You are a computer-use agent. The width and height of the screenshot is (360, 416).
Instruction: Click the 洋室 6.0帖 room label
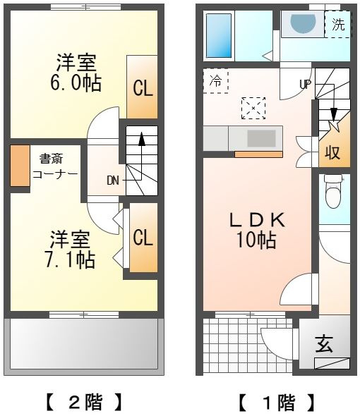[x=76, y=73]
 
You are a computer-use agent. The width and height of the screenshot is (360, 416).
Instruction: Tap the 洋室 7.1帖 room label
[x=70, y=250]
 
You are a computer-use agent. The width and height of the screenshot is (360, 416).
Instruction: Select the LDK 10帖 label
[x=257, y=230]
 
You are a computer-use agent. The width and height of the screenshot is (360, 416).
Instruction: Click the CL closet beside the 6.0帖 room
[x=142, y=87]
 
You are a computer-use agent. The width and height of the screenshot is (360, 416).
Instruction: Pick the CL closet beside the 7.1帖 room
[x=143, y=238]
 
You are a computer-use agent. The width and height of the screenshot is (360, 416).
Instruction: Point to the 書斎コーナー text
[x=55, y=166]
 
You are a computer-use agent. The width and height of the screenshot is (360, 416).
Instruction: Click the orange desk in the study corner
[x=20, y=166]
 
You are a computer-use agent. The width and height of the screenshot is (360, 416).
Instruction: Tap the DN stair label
[x=113, y=181]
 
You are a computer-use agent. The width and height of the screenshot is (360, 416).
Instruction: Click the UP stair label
[x=305, y=85]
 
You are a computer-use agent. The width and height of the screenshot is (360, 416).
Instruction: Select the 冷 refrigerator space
[x=216, y=80]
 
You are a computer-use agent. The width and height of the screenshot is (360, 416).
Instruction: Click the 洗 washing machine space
[x=338, y=25]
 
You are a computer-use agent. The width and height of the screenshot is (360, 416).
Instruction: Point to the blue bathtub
[x=219, y=35]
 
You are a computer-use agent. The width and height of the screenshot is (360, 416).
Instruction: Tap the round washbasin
[x=303, y=23]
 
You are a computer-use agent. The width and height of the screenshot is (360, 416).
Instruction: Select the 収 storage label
[x=332, y=152]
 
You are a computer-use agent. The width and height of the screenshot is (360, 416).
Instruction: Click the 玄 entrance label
[x=324, y=344]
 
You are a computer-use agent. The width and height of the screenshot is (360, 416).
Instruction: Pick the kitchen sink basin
[x=261, y=138]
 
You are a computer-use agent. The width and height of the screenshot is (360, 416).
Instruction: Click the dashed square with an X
[x=253, y=108]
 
